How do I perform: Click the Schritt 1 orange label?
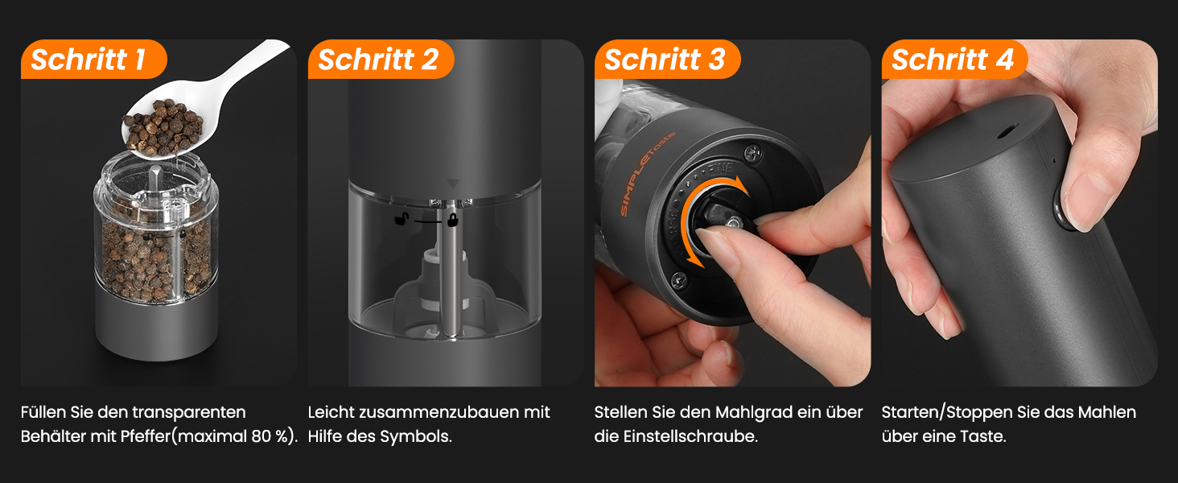pos(93,59)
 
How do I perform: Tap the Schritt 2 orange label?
pos(381,59)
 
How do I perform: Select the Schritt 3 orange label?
pos(667,59)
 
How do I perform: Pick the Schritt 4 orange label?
pos(954,59)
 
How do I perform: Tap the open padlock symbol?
pos(402,218)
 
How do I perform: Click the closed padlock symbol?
pos(452,219)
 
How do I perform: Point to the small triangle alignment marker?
pos(453,184)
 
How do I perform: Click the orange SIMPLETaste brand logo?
pos(648,174)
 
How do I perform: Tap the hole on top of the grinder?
pos(1007,131)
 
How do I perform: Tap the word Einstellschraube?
pos(690,436)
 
